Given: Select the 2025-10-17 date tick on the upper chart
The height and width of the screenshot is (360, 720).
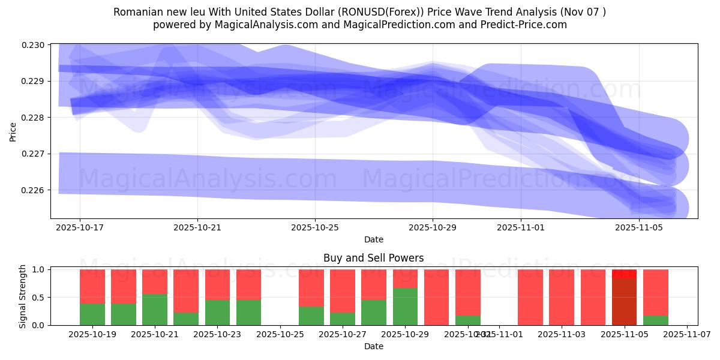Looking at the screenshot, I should click(x=80, y=228).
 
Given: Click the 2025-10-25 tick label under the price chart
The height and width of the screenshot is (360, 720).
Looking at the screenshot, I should click(x=315, y=228).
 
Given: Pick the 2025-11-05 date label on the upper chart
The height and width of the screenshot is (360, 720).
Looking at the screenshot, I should click(x=639, y=228).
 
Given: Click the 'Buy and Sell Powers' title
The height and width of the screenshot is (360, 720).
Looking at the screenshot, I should click(x=373, y=259).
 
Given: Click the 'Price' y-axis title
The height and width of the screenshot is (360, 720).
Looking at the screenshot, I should click(x=14, y=131).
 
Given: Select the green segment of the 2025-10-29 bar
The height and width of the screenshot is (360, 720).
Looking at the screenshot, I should click(x=405, y=307).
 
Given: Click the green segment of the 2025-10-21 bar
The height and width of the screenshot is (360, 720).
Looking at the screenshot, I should click(x=155, y=310).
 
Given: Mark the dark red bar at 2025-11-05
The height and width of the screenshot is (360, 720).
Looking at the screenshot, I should click(x=624, y=302).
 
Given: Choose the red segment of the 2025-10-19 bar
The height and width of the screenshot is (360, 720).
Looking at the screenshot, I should click(x=92, y=286).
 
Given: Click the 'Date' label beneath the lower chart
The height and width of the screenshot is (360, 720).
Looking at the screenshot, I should click(x=373, y=346).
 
